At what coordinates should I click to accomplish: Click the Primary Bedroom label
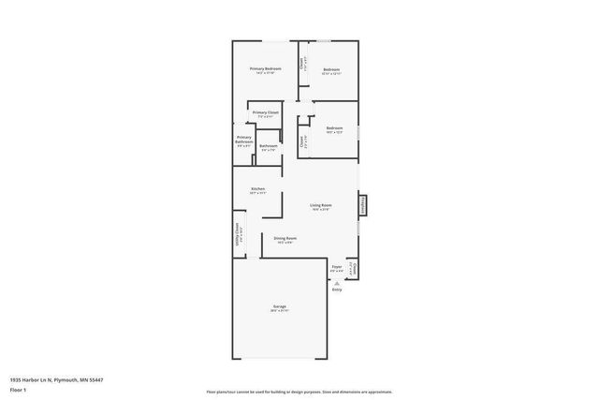[266, 70]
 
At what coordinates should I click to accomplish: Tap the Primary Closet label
[266, 114]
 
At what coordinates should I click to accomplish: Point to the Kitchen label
[257, 190]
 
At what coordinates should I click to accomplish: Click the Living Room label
[321, 206]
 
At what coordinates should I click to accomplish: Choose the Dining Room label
[285, 240]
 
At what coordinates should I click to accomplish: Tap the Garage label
[279, 307]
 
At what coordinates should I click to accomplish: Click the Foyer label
[337, 268]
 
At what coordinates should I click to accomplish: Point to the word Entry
[337, 289]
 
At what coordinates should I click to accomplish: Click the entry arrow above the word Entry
[337, 282]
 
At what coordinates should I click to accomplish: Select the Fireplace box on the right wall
[362, 205]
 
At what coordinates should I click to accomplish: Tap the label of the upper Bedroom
[331, 70]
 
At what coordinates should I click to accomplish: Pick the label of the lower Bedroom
[334, 129]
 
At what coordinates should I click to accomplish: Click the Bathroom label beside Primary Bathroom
[269, 146]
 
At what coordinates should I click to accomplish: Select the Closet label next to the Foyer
[353, 269]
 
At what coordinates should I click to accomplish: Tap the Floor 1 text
[18, 389]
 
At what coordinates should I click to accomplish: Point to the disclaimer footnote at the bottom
[299, 392]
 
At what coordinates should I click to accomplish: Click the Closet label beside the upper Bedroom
[301, 65]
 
